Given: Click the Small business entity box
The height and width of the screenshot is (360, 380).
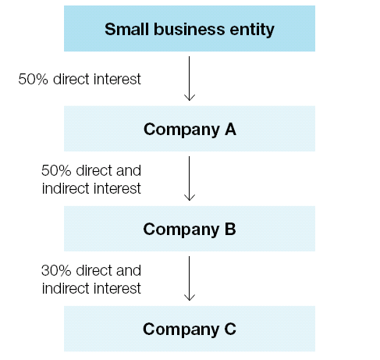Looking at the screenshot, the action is (x=190, y=28).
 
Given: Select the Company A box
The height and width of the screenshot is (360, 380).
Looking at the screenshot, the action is (x=190, y=129).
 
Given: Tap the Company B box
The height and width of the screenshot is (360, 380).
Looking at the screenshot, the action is (x=190, y=229).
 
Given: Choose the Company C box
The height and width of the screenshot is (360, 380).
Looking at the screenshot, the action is (x=190, y=329).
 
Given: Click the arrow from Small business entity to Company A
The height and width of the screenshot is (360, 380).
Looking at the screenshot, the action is (x=190, y=78).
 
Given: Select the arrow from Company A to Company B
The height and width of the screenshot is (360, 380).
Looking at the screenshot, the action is (x=190, y=178).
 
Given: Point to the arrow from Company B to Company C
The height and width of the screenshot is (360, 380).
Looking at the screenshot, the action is (x=190, y=278).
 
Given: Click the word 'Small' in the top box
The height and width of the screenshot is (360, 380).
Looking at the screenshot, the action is (x=126, y=29).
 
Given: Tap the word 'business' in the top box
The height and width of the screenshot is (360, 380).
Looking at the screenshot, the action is (x=189, y=29).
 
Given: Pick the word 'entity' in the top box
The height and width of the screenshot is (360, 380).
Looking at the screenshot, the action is (x=252, y=30).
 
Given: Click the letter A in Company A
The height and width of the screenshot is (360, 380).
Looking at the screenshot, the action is (x=230, y=129).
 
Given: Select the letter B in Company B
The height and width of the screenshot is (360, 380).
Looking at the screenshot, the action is (x=230, y=229).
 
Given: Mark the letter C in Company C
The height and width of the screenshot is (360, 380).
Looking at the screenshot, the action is (x=230, y=329).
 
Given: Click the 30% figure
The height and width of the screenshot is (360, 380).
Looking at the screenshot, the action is (x=56, y=270).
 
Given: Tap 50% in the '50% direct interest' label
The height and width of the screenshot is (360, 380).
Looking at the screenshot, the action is (x=33, y=79).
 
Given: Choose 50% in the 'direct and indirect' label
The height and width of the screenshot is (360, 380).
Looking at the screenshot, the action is (x=56, y=170).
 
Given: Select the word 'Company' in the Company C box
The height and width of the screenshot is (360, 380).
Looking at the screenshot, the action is (x=181, y=330).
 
